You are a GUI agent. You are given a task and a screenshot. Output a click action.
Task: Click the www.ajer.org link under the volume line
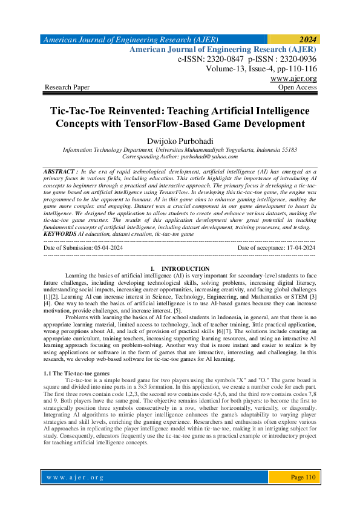293,79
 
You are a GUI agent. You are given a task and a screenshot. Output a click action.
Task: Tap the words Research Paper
67,88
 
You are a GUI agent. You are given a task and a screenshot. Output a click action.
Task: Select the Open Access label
297,88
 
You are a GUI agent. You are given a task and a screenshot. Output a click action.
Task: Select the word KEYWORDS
61,233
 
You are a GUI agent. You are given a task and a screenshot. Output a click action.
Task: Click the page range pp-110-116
293,69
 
